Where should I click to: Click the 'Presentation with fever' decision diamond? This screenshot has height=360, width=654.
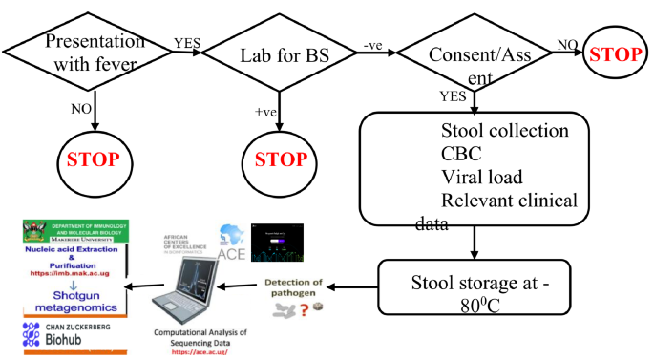(94, 54)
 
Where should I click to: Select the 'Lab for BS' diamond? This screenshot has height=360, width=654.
(279, 54)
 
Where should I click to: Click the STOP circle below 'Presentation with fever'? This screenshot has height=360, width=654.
(94, 159)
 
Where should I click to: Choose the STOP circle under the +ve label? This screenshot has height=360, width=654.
(279, 159)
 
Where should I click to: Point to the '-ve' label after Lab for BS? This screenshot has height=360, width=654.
(374, 44)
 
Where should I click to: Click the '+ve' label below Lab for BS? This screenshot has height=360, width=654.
(265, 112)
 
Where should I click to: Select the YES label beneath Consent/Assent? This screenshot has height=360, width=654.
(454, 96)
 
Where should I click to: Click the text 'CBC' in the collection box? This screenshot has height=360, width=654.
(463, 153)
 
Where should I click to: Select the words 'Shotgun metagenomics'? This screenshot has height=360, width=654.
(72, 300)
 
